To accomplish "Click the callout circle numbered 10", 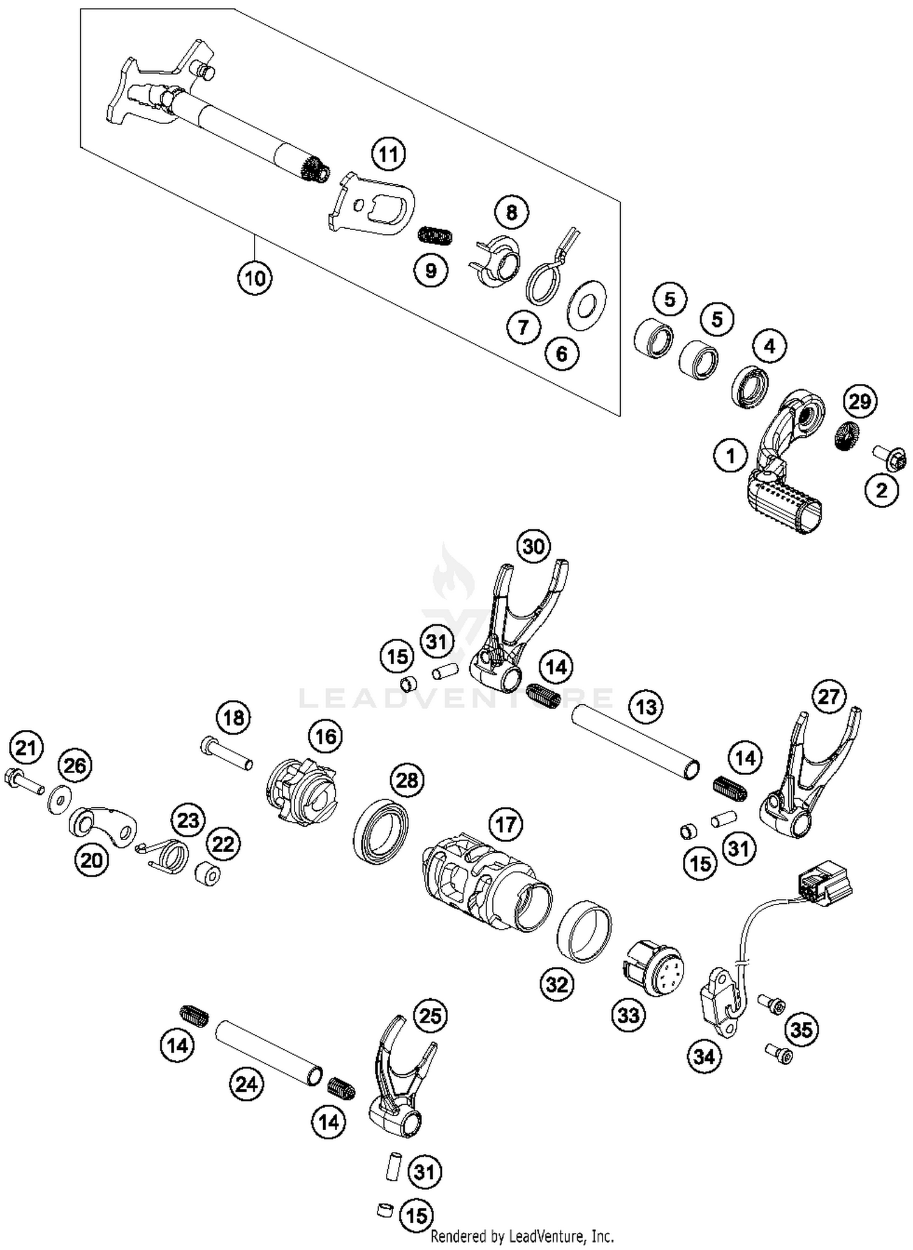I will coord(254,278).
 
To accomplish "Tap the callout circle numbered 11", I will coord(389,155).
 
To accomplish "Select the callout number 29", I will coord(859,401).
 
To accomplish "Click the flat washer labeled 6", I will coord(586,306).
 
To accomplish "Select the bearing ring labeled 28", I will coord(380,832).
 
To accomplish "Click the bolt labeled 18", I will coord(226,753).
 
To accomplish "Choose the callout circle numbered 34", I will coord(704,1057).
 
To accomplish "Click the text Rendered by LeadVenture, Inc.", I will coord(522,1236).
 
